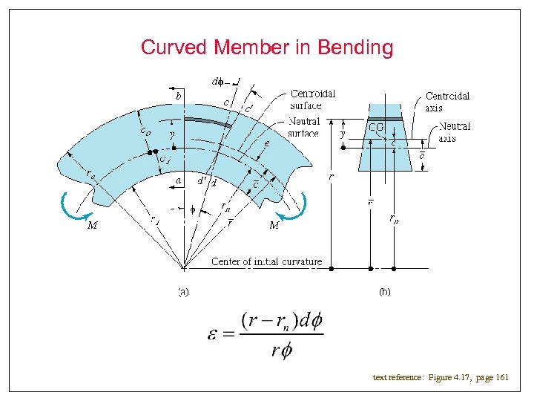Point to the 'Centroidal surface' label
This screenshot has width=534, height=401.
(312, 100)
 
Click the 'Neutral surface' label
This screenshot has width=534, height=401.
(304, 127)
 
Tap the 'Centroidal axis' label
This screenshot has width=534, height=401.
(447, 101)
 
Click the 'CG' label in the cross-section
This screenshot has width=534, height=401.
(376, 128)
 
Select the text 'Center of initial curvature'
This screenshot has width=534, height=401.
(267, 261)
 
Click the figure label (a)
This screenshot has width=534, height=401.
(182, 292)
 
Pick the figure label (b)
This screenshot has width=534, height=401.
(384, 292)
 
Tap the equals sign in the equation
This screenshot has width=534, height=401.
(228, 335)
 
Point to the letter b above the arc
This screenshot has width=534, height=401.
(178, 96)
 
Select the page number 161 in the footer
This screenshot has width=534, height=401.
(502, 378)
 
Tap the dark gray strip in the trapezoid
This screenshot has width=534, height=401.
(385, 119)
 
